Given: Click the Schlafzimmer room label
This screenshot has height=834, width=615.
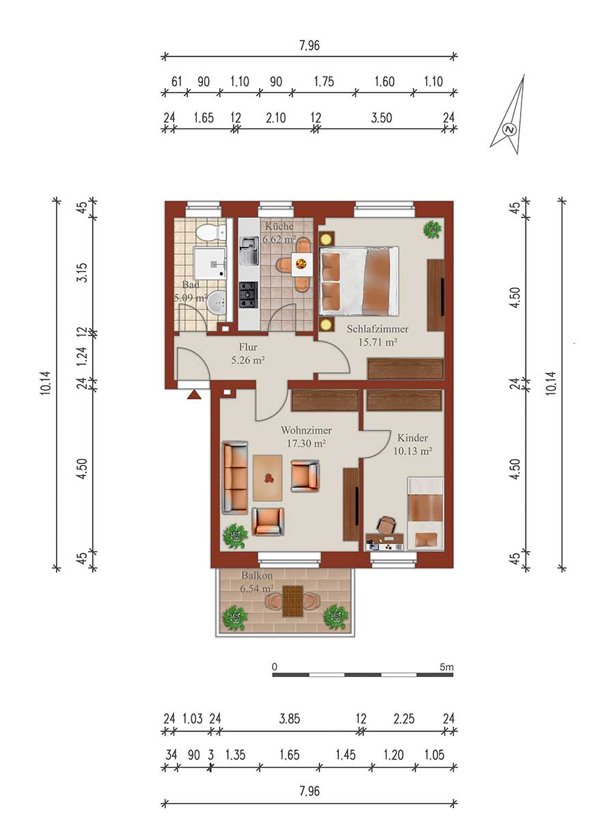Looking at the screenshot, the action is [377, 329].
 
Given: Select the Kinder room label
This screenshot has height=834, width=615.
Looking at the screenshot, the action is [412, 438].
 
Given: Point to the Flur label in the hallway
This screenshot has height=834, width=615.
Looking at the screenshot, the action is [248, 347].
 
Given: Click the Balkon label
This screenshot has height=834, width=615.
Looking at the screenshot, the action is [257, 575].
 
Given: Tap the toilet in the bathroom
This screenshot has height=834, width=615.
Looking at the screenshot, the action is [212, 233].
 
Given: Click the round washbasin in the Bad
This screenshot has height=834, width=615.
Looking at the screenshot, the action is [217, 303].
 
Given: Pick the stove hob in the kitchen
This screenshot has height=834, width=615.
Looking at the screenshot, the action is [249, 295].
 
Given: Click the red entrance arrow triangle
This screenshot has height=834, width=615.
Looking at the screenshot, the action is [194, 395].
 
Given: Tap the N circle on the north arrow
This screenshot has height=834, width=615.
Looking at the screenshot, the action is [509, 130].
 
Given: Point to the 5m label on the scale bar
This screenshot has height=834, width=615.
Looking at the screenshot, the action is [446, 678].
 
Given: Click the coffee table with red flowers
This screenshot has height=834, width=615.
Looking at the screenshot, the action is [267, 477].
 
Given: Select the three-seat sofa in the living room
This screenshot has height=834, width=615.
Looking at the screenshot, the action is [235, 478].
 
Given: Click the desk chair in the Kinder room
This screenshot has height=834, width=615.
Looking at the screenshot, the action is [386, 525].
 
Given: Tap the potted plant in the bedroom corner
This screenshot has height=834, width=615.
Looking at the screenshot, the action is [433, 230].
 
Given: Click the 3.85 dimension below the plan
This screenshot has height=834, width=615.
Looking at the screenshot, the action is [290, 719].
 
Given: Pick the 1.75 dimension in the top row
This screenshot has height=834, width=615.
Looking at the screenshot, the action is [324, 81].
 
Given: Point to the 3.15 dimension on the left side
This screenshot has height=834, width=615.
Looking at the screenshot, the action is [82, 273].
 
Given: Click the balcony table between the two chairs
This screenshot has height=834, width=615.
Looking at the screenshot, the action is [292, 601].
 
